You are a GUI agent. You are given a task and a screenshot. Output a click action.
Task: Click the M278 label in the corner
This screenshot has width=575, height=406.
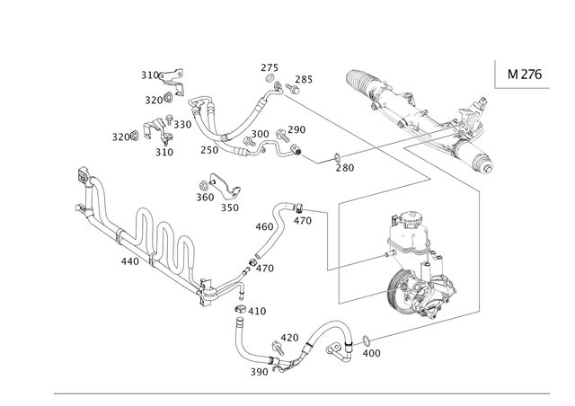coord(524,74)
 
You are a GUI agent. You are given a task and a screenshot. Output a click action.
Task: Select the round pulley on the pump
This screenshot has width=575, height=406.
coord(409,297)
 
